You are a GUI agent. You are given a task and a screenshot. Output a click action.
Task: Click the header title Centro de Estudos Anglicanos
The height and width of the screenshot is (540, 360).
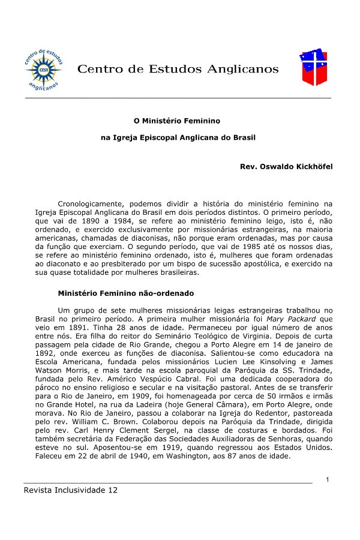tap(178, 70)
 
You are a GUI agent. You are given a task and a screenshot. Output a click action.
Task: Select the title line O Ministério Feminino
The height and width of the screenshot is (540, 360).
tap(177, 121)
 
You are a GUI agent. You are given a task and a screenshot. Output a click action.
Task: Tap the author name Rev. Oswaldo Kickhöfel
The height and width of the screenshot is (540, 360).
tap(286, 165)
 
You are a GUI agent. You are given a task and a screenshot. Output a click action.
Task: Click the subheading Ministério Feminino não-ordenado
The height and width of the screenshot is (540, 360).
tap(125, 293)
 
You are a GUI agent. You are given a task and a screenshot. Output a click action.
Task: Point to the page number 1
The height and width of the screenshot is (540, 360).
tap(328, 479)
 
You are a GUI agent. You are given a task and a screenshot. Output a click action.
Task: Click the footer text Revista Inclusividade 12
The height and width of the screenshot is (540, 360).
tap(71, 490)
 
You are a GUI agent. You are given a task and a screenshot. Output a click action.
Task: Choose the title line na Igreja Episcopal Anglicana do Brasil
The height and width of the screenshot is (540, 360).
tap(178, 137)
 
